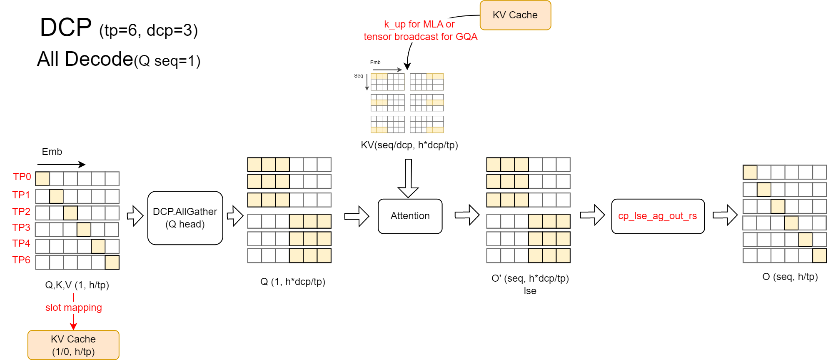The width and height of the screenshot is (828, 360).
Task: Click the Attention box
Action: (x=410, y=216)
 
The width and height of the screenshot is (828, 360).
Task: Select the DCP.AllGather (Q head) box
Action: (x=185, y=218)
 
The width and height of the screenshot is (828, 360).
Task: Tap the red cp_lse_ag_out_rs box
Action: (x=658, y=216)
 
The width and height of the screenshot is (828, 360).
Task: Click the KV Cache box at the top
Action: (x=515, y=15)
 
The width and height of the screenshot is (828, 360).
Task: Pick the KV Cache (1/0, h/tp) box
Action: (x=73, y=345)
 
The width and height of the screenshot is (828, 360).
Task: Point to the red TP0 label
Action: (x=22, y=177)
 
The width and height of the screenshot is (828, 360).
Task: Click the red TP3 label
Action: (x=21, y=227)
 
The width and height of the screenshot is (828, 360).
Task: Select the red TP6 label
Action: (x=21, y=260)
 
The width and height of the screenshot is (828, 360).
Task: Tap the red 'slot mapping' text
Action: (x=74, y=307)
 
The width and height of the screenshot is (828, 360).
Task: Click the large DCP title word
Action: (x=66, y=27)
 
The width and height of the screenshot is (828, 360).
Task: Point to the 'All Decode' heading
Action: (x=85, y=59)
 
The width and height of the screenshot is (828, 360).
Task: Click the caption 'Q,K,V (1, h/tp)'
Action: (x=77, y=285)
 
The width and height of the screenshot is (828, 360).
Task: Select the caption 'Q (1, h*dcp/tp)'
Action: (x=292, y=282)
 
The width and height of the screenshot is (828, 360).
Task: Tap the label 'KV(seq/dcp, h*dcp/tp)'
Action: (x=409, y=145)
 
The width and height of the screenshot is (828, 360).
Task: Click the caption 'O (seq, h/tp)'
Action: (x=790, y=277)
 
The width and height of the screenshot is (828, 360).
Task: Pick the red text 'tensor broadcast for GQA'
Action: (x=420, y=37)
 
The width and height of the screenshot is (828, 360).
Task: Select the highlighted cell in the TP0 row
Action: (x=42, y=179)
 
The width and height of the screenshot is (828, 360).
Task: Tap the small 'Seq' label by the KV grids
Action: (x=359, y=76)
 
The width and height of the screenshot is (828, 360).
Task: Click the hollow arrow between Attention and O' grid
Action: (x=467, y=215)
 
